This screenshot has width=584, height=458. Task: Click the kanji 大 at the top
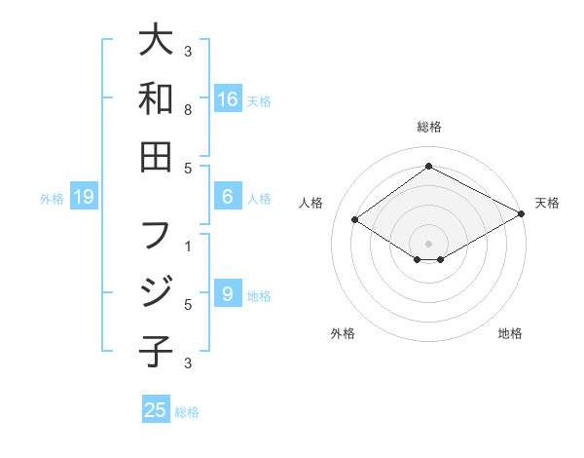pos(156,42)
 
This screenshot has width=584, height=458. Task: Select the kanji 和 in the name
pos(156,98)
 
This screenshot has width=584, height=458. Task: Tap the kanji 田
pos(156,156)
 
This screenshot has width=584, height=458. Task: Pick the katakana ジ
pos(156,292)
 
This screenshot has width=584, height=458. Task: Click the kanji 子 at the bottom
pos(156,350)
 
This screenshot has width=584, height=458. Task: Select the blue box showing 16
pos(228,99)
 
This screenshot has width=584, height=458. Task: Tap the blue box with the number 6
pos(228,197)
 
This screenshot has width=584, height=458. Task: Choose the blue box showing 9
pos(228,294)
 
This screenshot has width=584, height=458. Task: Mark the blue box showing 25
pos(156,410)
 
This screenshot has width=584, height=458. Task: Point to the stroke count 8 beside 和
pos(188,110)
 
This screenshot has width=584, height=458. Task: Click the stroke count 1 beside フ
pos(188,247)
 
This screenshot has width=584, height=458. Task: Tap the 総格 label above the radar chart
pos(429,127)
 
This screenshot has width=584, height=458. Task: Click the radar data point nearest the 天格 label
pos(522,214)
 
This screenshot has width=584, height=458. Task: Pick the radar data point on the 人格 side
pos(355,220)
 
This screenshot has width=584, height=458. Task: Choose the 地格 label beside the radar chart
pos(510,333)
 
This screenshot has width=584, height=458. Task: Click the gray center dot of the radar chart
pos(429,243)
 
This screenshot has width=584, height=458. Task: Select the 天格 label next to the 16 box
pos(259,101)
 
